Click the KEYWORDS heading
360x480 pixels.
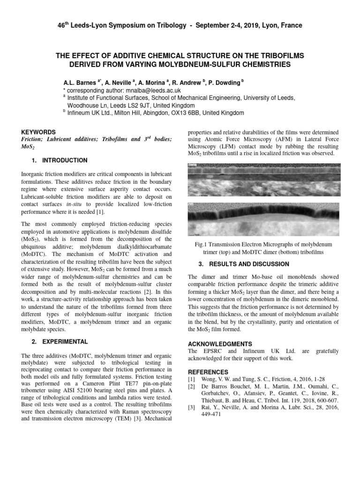point(39,132)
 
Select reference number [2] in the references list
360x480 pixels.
point(191,386)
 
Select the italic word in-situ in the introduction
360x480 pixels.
point(74,204)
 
